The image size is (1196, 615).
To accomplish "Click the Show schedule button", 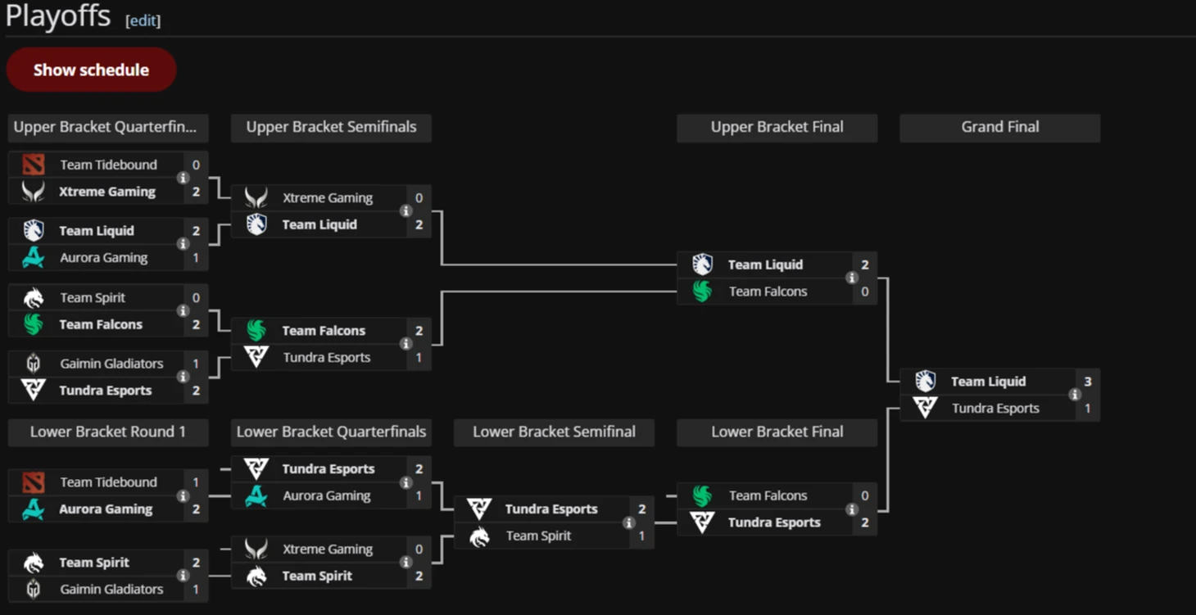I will click(91, 70).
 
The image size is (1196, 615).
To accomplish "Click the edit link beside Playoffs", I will click(143, 20).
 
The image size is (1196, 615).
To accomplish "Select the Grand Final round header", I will click(999, 127).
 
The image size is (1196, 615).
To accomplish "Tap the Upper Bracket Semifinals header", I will click(331, 127).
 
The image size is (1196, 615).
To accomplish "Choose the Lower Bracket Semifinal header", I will click(554, 432).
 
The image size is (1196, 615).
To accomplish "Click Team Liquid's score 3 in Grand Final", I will click(1088, 382).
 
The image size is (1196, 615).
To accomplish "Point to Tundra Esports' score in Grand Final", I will click(1088, 409).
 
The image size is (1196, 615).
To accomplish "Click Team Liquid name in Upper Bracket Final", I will click(765, 265).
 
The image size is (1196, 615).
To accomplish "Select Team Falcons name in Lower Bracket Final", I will click(768, 495).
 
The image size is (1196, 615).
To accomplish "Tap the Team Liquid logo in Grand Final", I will click(925, 382).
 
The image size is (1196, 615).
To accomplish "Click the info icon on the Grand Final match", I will click(1075, 395).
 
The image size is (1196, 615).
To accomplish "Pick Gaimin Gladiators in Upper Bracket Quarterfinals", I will click(111, 364).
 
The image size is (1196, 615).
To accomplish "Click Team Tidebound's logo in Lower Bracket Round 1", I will click(34, 482).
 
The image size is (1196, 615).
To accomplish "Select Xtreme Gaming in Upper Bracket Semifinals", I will click(327, 197).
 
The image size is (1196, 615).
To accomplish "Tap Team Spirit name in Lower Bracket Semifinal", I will click(538, 536).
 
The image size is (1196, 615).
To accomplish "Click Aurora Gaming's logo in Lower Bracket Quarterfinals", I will click(256, 495).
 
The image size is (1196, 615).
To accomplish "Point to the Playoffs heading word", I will click(58, 16).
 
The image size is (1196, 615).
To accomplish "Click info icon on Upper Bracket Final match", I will click(852, 278).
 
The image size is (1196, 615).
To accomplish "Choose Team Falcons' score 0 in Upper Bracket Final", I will click(864, 292).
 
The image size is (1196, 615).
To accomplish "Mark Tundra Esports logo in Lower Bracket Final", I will click(702, 522).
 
